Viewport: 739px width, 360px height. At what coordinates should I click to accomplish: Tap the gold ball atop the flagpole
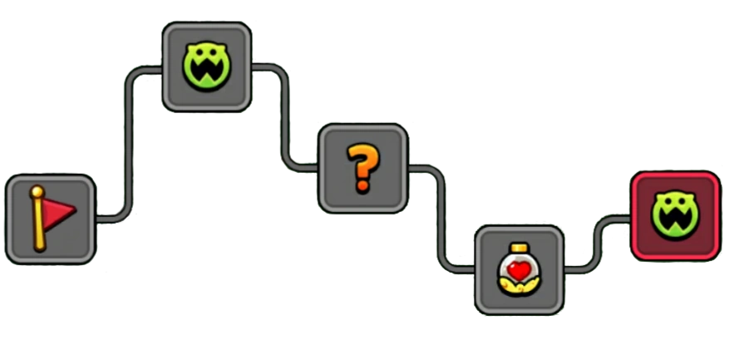coord(37,192)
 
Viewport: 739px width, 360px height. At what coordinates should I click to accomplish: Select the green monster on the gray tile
coord(206,67)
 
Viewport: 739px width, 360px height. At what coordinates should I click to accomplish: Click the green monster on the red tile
coord(674,215)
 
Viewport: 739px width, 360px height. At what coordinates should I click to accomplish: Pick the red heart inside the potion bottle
coord(520,270)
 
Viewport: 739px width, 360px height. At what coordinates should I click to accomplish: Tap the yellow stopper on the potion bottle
coord(520,248)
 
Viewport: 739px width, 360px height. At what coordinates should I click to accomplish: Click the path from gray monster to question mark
coord(286,116)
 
